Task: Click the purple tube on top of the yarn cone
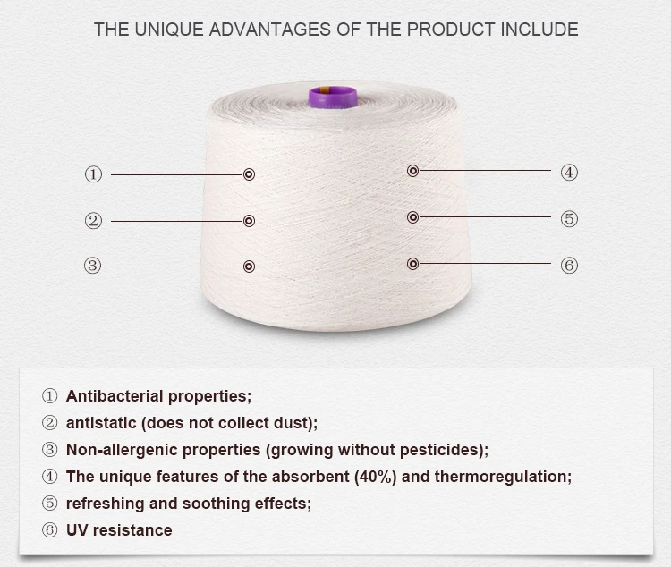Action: (x=332, y=96)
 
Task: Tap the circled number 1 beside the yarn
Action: (x=93, y=174)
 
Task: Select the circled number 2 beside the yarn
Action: (x=93, y=221)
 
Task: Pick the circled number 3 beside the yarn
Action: (x=93, y=266)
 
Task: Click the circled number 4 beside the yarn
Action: (x=569, y=173)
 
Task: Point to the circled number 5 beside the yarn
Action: (x=569, y=219)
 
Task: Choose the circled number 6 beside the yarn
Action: (x=569, y=266)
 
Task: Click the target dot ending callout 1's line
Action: (x=249, y=174)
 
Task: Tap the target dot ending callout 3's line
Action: (x=249, y=266)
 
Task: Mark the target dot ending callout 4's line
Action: (x=412, y=171)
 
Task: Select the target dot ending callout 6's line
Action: (x=412, y=264)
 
